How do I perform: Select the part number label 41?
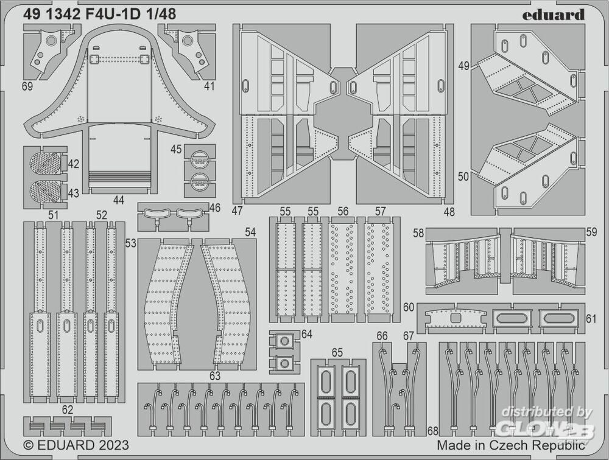point(209,86)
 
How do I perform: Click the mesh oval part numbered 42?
point(46,164)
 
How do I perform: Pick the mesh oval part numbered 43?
point(46,191)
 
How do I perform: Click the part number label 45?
point(177,149)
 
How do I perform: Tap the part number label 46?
point(214,208)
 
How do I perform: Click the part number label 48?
point(449,212)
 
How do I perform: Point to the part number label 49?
point(463,66)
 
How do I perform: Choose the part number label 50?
point(463,176)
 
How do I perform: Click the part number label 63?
point(214,376)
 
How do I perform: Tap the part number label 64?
point(306,334)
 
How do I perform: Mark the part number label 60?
point(408,307)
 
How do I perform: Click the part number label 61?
point(591,318)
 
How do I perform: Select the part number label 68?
point(432,431)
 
